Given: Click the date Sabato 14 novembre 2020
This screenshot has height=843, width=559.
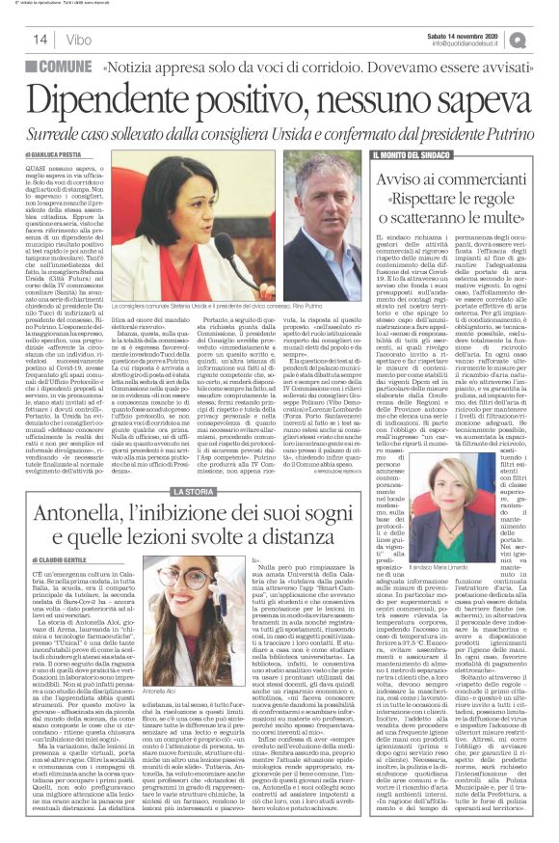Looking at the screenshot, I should coord(468,34).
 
